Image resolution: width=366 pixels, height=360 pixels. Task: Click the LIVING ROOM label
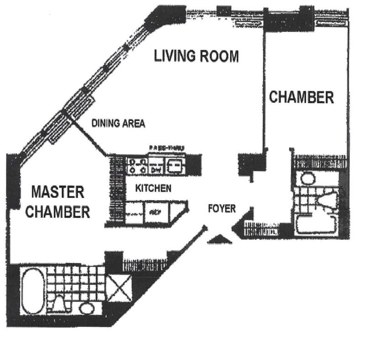click(196, 56)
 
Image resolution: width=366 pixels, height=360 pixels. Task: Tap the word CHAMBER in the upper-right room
click(301, 97)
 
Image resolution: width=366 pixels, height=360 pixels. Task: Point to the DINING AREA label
click(118, 123)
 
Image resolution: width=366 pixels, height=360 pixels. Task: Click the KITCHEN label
click(153, 188)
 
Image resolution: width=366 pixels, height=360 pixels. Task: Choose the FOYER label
click(221, 209)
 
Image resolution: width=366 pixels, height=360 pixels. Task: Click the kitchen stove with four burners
click(137, 166)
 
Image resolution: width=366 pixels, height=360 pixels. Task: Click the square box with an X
click(119, 288)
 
